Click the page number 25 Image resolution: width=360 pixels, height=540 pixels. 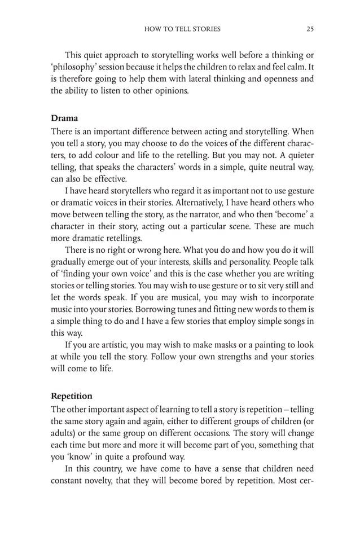pyautogui.click(x=310, y=29)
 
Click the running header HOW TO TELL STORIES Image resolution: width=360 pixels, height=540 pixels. pyautogui.click(x=182, y=29)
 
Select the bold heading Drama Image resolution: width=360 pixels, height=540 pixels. pyautogui.click(x=63, y=118)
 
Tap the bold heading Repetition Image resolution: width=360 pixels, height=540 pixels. pyautogui.click(x=73, y=396)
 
